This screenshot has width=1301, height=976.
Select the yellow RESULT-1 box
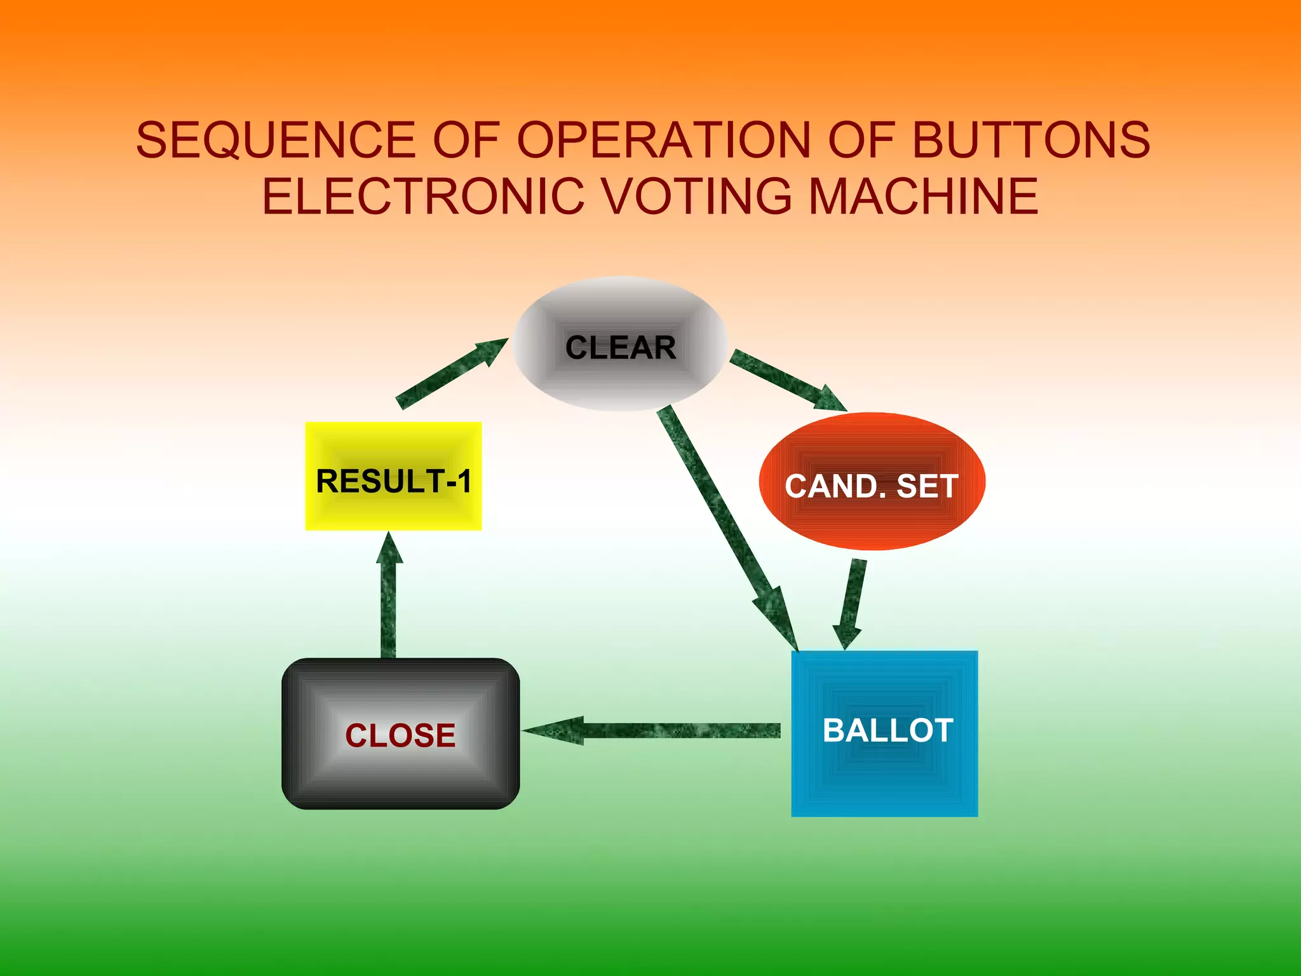point(393,476)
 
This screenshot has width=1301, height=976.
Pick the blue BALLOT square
point(884,733)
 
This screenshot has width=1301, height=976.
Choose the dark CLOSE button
point(400,734)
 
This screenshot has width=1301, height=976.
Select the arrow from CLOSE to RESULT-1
point(389,597)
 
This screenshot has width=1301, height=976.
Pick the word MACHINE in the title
point(924,196)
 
